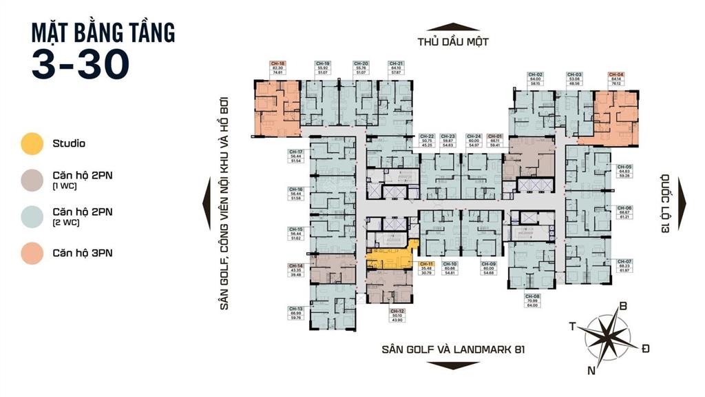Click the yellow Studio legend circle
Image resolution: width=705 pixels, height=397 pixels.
click(x=32, y=144)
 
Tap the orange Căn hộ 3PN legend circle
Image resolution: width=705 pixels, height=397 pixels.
click(x=32, y=253)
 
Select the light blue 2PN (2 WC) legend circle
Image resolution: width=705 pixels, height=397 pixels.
click(x=32, y=216)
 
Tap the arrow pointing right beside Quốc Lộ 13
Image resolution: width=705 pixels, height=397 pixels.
click(x=682, y=199)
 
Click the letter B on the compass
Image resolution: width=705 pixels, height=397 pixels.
click(x=624, y=307)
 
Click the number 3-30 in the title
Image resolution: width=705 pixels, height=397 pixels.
click(x=81, y=63)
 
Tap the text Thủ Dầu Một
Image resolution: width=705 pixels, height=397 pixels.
click(x=452, y=41)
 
